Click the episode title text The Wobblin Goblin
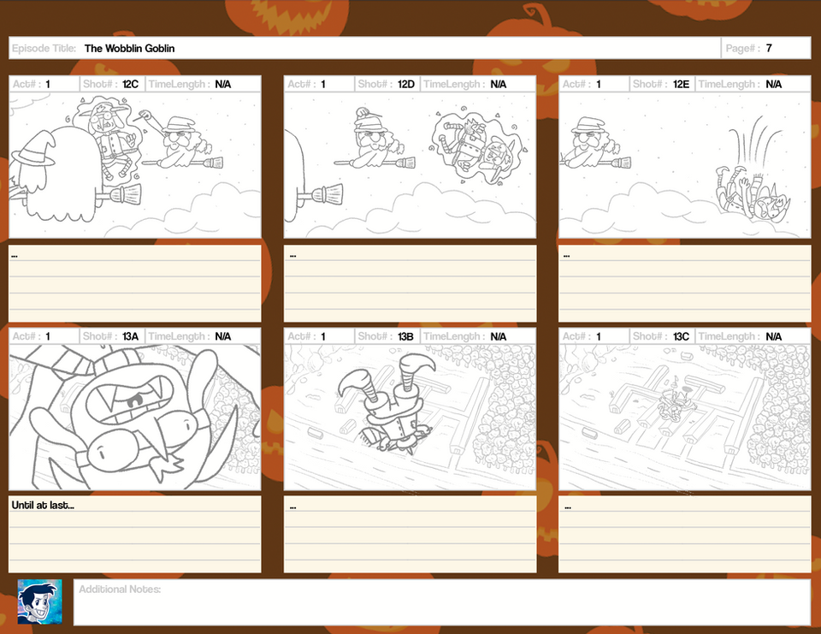(x=129, y=48)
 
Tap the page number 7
(x=769, y=48)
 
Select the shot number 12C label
(x=130, y=84)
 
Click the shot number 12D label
(x=405, y=84)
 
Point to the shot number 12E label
(x=681, y=84)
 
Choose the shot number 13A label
(x=130, y=336)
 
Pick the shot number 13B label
(x=405, y=336)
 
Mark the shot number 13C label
(x=681, y=336)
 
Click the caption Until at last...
(x=43, y=505)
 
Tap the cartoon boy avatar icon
(x=40, y=601)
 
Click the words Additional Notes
(x=120, y=589)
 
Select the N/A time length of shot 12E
(x=773, y=84)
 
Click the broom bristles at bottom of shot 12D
(x=328, y=195)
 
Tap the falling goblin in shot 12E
(x=753, y=192)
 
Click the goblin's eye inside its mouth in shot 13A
(x=134, y=401)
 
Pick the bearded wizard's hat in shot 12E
(x=589, y=125)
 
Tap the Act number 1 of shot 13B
(x=323, y=336)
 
